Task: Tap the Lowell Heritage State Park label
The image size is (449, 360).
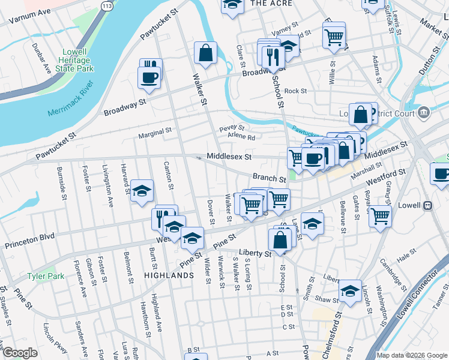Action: click(x=77, y=61)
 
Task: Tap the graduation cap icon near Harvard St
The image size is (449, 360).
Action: click(x=141, y=192)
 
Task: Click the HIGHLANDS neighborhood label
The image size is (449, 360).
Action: click(x=169, y=275)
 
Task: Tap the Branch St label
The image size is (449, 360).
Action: click(x=269, y=178)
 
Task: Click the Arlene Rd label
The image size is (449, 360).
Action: click(x=241, y=137)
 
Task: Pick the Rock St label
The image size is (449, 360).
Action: click(x=295, y=91)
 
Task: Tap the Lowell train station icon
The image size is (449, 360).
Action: click(x=427, y=205)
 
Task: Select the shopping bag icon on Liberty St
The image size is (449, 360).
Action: click(x=280, y=239)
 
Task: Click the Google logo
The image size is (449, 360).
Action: click(x=20, y=353)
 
